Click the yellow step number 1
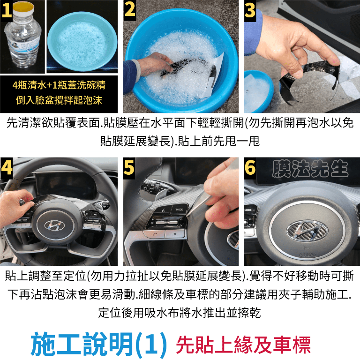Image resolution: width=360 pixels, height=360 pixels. tap(6, 11)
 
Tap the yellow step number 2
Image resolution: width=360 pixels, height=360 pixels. tap(130, 10)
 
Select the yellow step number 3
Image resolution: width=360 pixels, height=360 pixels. tap(250, 10)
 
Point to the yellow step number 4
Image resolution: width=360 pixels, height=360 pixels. tap(7, 167)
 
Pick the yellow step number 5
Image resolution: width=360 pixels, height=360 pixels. tap(129, 168)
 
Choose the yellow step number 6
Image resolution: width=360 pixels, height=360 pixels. tap(250, 167)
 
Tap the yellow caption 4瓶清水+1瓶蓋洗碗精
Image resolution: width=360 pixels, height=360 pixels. tap(59, 85)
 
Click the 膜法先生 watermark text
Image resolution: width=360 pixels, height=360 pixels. tap(310, 169)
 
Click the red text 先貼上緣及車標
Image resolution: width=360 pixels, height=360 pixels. tap(243, 345)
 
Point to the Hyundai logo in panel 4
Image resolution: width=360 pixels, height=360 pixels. tap(53, 225)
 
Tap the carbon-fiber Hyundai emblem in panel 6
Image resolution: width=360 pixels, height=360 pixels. tap(307, 230)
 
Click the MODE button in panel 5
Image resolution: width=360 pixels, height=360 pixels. tap(180, 210)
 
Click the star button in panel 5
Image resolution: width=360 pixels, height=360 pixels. tap(175, 233)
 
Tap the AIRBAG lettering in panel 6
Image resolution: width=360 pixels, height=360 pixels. tap(307, 255)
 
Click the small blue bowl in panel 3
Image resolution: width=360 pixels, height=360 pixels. tap(258, 90)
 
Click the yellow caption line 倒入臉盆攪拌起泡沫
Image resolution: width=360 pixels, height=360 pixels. tap(59, 100)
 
